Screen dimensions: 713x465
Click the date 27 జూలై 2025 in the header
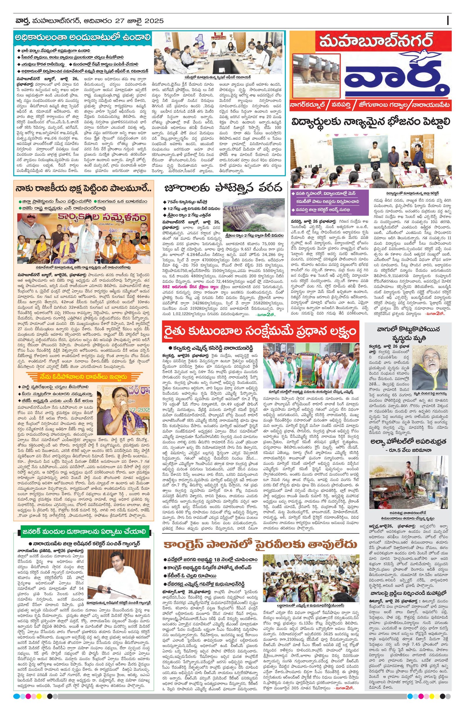pos(144,21)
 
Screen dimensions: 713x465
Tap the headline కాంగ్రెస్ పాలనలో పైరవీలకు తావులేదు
pos(260,544)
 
